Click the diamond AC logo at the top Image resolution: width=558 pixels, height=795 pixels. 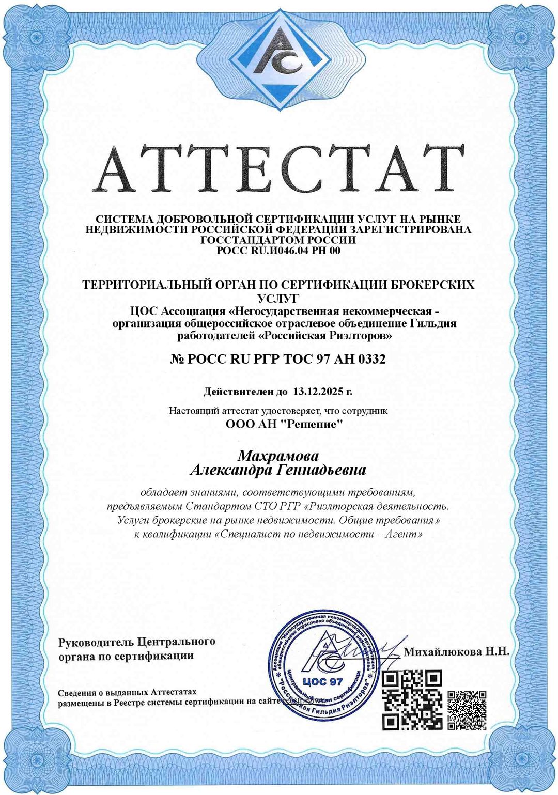(279, 59)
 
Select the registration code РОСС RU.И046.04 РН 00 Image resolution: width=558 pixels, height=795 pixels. (278, 251)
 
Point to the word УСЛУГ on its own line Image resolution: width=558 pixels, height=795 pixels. (278, 298)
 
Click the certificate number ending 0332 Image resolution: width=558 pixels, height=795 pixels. (278, 358)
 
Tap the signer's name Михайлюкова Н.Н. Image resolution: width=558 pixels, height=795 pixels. (456, 651)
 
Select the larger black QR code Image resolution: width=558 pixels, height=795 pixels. (412, 699)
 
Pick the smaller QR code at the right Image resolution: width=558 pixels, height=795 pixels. (467, 710)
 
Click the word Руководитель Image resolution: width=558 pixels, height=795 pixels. (96, 642)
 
